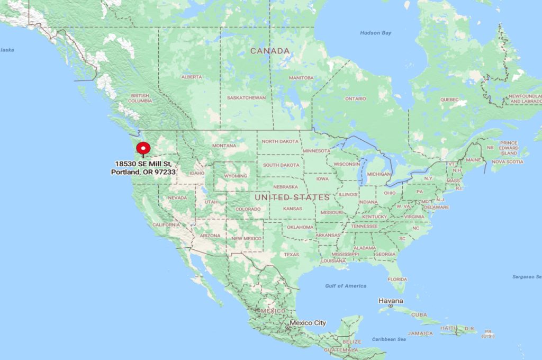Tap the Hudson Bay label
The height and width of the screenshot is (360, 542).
click(x=375, y=33)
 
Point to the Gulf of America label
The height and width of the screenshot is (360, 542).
click(x=346, y=286)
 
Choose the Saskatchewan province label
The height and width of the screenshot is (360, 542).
click(x=246, y=98)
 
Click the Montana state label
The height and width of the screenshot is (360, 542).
click(x=224, y=146)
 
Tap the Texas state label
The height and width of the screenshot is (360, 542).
click(x=291, y=255)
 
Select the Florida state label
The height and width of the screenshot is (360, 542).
click(x=397, y=279)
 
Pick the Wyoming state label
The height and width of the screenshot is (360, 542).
click(x=236, y=176)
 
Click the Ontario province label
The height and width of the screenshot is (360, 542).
click(x=355, y=98)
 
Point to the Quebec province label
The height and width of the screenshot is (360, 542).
click(x=449, y=100)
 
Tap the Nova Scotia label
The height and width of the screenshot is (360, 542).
click(x=507, y=161)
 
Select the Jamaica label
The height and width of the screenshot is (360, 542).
click(x=420, y=334)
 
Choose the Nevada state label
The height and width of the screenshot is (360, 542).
click(x=177, y=198)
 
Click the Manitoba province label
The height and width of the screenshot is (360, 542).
click(x=301, y=78)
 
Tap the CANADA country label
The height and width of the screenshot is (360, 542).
click(x=270, y=51)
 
